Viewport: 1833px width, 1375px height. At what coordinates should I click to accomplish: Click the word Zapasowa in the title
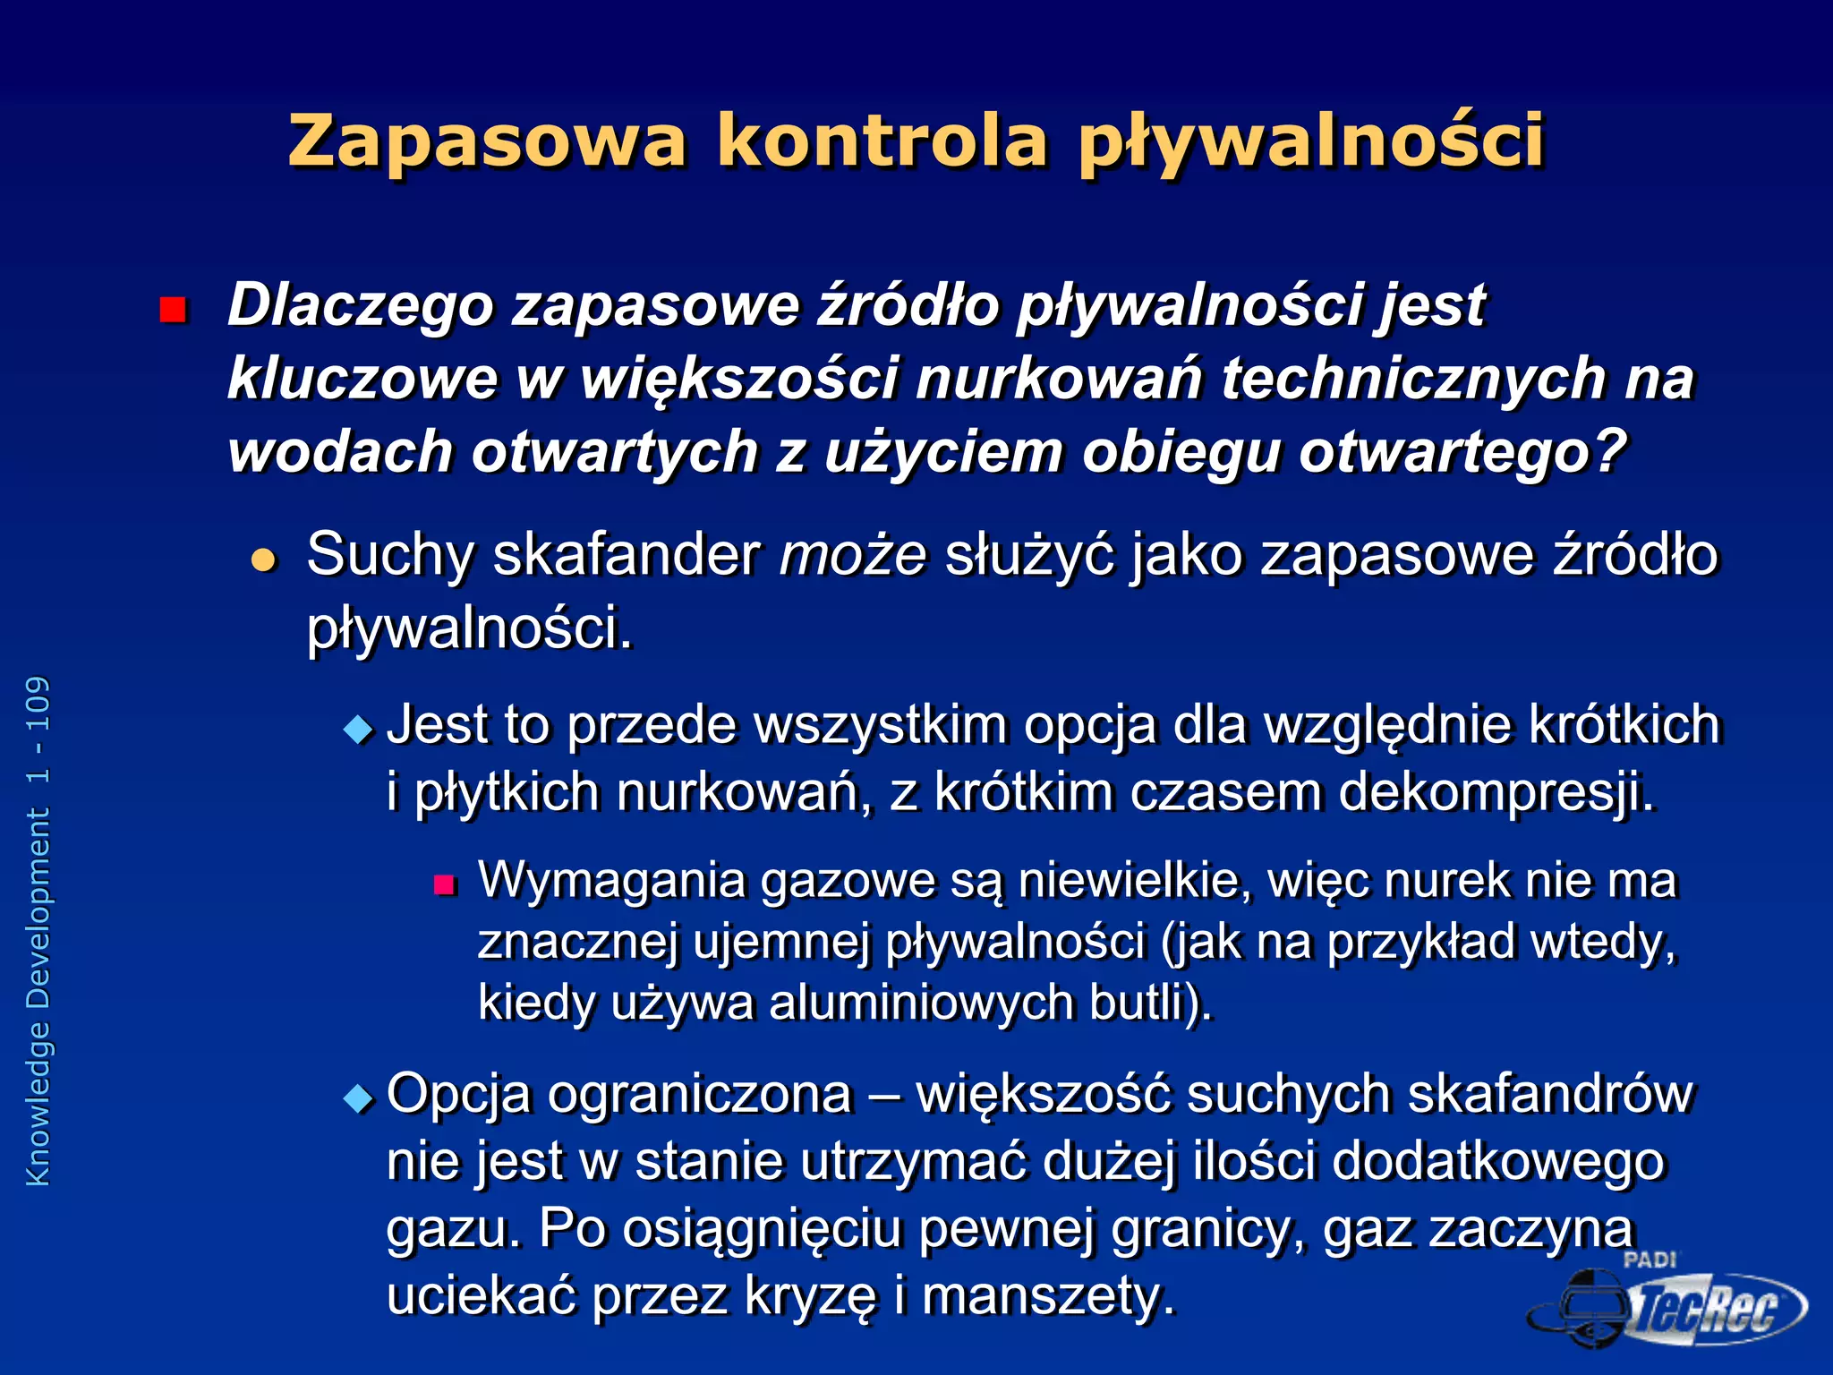tap(488, 141)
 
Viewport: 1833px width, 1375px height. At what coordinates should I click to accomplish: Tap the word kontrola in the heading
tap(882, 141)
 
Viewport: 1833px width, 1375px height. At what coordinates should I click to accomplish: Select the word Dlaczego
tap(361, 305)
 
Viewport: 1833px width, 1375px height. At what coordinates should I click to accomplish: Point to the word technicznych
tap(1414, 378)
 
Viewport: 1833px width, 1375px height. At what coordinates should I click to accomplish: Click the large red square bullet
tap(172, 310)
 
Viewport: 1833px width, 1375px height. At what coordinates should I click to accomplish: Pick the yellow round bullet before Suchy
tap(264, 560)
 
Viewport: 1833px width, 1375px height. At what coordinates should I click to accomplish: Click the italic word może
tap(852, 555)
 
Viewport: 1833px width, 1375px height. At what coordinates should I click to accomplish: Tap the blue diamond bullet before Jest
tap(358, 730)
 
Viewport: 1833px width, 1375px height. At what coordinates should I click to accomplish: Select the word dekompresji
tap(1496, 793)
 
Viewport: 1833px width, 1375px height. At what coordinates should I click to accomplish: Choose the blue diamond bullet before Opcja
tap(358, 1098)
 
